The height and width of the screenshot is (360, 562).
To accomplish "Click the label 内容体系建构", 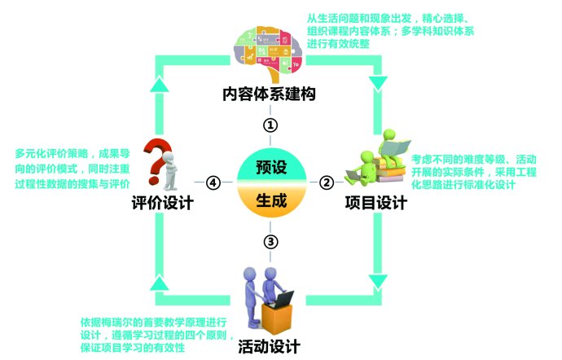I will [269, 94].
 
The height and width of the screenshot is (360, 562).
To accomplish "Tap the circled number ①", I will [270, 125].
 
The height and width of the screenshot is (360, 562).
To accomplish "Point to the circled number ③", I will [271, 242].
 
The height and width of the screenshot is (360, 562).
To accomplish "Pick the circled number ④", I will [213, 183].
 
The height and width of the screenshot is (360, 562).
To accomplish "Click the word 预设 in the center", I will [271, 169].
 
